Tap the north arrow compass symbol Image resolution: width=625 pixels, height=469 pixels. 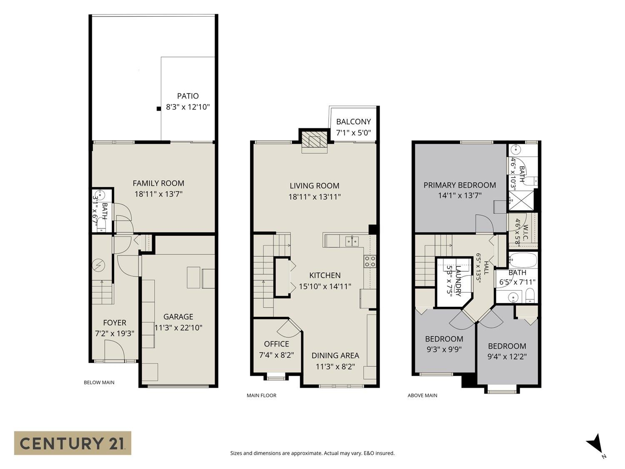click(x=595, y=446)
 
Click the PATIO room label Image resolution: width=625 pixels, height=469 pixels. click(x=187, y=96)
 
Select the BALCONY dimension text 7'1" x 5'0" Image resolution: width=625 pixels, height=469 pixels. click(x=353, y=133)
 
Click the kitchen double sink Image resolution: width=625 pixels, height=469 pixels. click(x=352, y=241)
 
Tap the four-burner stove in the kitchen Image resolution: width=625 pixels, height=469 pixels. click(x=370, y=261)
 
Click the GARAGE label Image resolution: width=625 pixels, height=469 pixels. click(x=178, y=317)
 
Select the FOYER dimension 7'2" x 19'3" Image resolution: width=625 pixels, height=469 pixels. click(x=115, y=334)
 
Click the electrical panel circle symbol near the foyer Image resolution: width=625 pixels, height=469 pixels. click(x=98, y=265)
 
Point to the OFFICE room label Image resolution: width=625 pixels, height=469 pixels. click(x=277, y=344)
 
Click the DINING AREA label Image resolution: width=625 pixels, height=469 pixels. click(x=335, y=355)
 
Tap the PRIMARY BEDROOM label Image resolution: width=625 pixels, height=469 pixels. click(x=460, y=185)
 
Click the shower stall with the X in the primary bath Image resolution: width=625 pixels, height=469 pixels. click(x=521, y=201)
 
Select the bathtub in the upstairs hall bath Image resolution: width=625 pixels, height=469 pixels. click(x=523, y=260)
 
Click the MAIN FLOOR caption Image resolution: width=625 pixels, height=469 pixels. click(x=261, y=395)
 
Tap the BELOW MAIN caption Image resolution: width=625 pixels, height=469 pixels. click(x=99, y=382)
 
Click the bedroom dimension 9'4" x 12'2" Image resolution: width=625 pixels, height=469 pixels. click(x=507, y=356)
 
